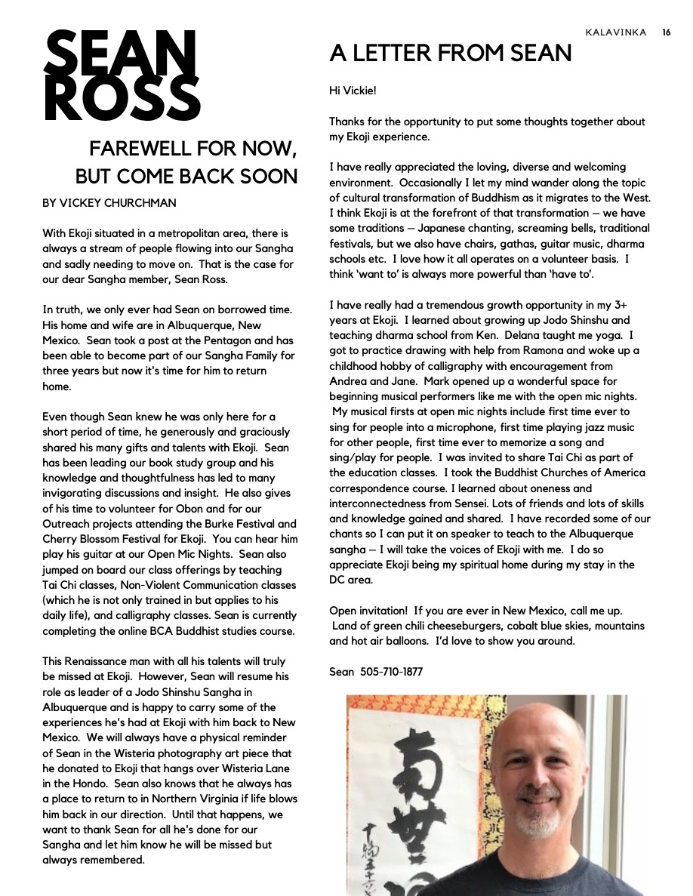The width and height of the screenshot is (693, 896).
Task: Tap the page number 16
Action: coord(667,32)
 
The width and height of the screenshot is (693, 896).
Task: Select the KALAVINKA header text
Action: coord(616,32)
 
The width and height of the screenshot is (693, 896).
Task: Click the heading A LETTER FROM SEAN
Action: coord(450,53)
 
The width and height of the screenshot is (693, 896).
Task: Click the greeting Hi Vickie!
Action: coord(353,91)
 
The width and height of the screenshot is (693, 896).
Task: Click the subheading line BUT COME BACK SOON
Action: coord(186,177)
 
